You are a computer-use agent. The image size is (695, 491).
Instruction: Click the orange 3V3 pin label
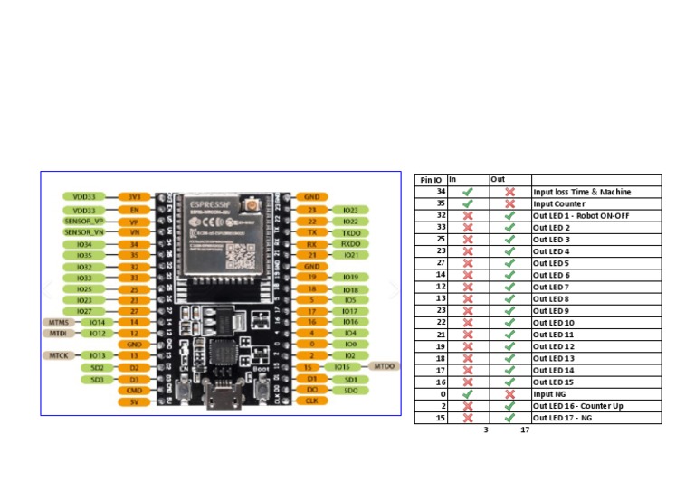tap(134, 196)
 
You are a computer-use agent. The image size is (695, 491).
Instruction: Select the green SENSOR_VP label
tap(84, 221)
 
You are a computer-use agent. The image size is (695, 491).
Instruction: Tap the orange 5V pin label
tap(134, 401)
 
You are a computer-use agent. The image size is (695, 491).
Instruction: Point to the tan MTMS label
tap(55, 322)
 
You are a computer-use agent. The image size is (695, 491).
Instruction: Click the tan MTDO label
tap(384, 366)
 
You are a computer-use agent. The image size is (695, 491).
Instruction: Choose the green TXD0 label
tap(351, 232)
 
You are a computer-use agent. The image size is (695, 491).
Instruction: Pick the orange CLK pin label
tap(310, 401)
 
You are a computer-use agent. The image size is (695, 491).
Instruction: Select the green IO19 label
tap(351, 277)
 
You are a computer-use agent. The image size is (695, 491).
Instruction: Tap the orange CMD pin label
tap(134, 390)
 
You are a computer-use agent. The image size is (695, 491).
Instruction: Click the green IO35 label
tap(84, 256)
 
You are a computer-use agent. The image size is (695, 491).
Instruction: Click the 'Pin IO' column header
tap(431, 180)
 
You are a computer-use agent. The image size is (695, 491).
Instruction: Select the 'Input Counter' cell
tap(558, 203)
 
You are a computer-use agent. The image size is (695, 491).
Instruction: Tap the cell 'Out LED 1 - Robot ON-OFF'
tap(580, 215)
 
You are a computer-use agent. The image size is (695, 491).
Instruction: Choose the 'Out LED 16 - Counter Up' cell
tap(577, 406)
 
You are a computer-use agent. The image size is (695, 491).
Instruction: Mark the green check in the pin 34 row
tap(468, 192)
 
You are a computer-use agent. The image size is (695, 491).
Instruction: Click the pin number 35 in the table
tap(441, 203)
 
